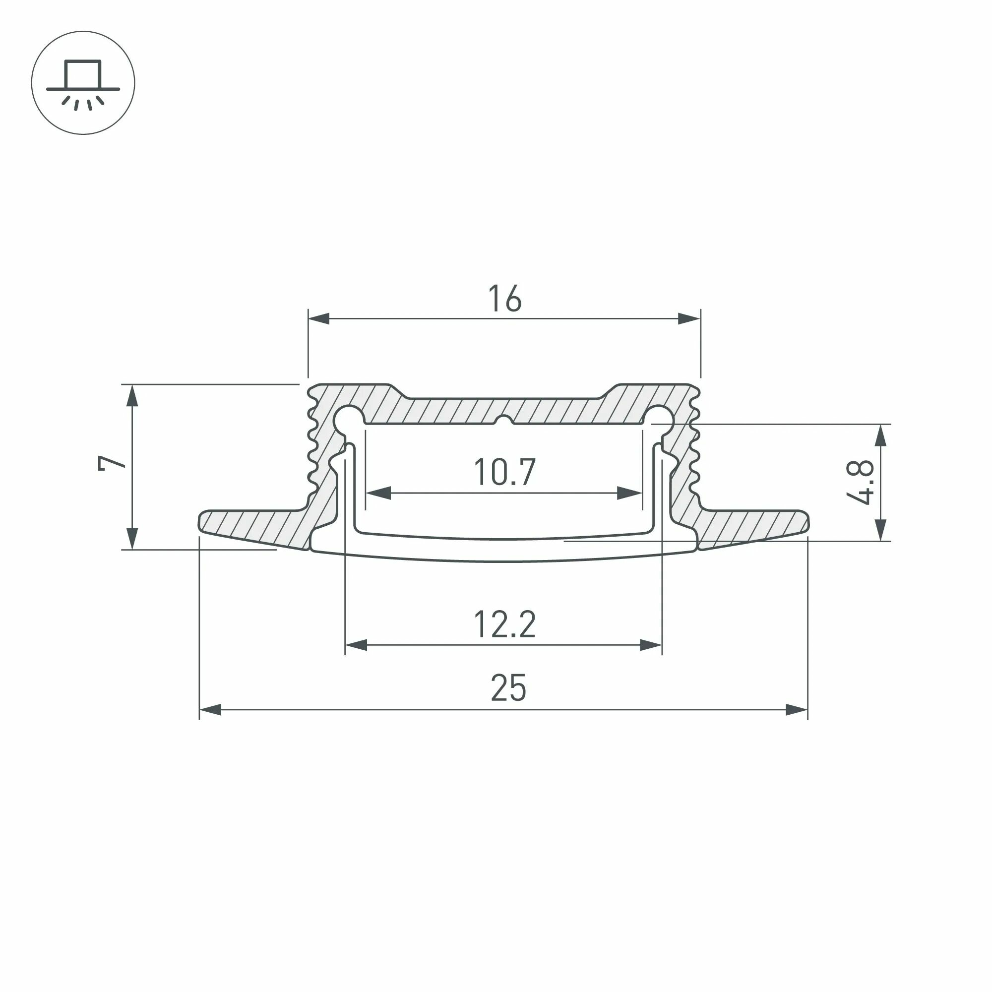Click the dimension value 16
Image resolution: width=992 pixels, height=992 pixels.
505,298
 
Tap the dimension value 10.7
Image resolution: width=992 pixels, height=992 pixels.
505,472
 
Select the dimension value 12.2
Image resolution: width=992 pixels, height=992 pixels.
505,624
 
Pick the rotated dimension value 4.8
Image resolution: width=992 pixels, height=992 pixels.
860,482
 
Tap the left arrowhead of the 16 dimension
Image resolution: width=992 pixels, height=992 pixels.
319,319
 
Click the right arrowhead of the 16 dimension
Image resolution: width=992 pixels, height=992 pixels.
689,319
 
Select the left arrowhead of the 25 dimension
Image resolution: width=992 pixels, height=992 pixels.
210,710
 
